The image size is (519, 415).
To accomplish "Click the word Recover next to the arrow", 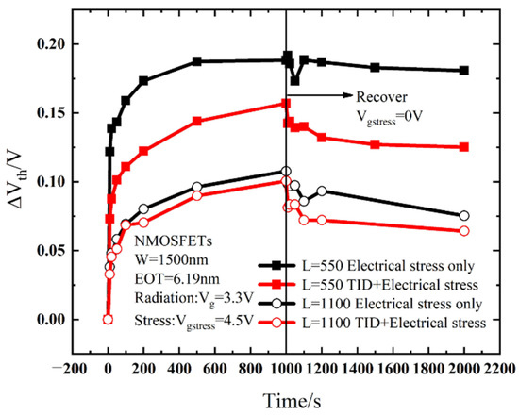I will pyautogui.click(x=381, y=96).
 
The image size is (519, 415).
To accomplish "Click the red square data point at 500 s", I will pyautogui.click(x=196, y=121).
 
